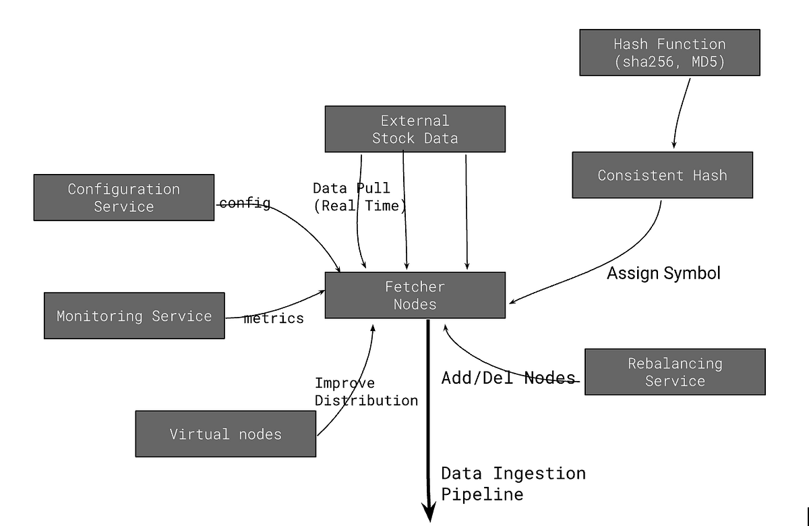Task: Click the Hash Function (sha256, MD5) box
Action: click(x=669, y=53)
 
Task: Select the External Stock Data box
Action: click(x=415, y=129)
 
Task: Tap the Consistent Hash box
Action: click(x=662, y=175)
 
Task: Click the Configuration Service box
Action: click(x=124, y=198)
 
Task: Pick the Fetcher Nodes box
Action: click(x=415, y=295)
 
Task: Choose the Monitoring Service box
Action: click(x=134, y=316)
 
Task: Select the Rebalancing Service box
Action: click(x=674, y=372)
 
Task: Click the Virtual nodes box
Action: click(x=225, y=434)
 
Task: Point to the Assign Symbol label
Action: click(x=663, y=273)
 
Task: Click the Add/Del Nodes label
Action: click(x=508, y=378)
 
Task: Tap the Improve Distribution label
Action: click(x=366, y=392)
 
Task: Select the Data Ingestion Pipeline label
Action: click(x=513, y=484)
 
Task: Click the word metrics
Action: click(x=274, y=318)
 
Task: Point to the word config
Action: click(x=245, y=203)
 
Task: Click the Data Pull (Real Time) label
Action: click(x=359, y=197)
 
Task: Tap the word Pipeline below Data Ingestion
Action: click(x=482, y=494)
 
